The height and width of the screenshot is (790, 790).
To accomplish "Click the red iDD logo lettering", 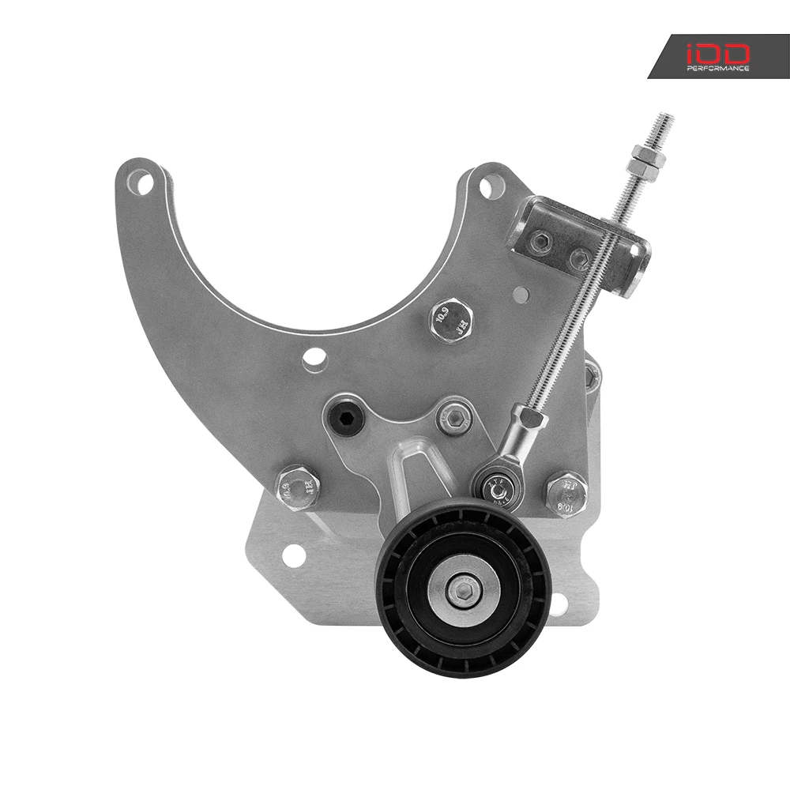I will (718, 53).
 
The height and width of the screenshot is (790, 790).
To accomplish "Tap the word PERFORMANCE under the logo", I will (718, 69).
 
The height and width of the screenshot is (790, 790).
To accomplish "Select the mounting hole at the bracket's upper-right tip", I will (491, 186).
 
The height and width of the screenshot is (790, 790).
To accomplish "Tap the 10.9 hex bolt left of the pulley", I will (297, 487).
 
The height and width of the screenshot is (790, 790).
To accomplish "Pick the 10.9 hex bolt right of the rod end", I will (566, 492).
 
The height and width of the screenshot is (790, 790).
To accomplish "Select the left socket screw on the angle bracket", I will (541, 242).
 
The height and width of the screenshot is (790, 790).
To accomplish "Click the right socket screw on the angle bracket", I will (581, 257).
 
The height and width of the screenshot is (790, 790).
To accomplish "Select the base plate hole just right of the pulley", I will (558, 605).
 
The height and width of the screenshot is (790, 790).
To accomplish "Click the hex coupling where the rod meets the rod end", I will (529, 418).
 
